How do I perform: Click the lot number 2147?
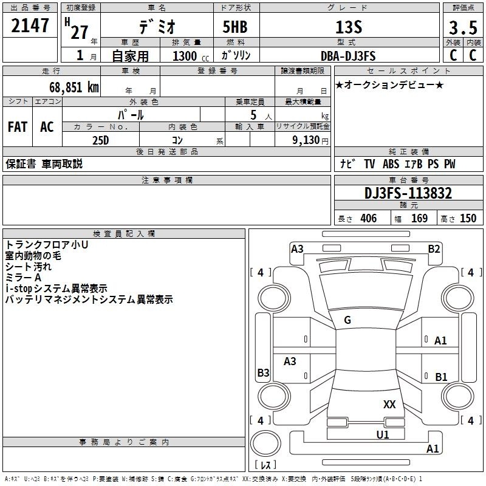point(30,26)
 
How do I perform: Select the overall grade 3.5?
point(463,27)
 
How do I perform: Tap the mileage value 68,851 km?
point(74,87)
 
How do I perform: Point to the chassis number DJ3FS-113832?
point(408,193)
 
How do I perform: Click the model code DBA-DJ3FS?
point(348,56)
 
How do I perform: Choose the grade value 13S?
point(349,27)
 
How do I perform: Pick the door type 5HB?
point(235,27)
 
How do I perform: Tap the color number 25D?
point(101,140)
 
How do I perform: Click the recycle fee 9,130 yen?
point(310,140)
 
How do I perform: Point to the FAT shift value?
point(18,127)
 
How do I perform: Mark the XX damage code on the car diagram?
point(389,405)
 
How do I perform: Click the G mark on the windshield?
point(347,320)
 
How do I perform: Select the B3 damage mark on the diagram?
point(263,372)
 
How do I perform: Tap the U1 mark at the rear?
point(383,435)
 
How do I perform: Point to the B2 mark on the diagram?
point(434,249)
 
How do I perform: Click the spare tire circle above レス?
point(265,443)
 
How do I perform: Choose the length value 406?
point(369,218)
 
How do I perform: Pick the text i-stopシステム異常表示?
point(56,289)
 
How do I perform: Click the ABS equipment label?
point(391,163)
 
